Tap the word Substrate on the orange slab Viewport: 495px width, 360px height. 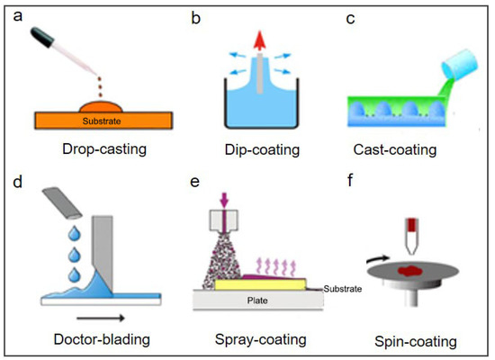[x=92, y=117]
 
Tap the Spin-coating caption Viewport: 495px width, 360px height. [x=415, y=342]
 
